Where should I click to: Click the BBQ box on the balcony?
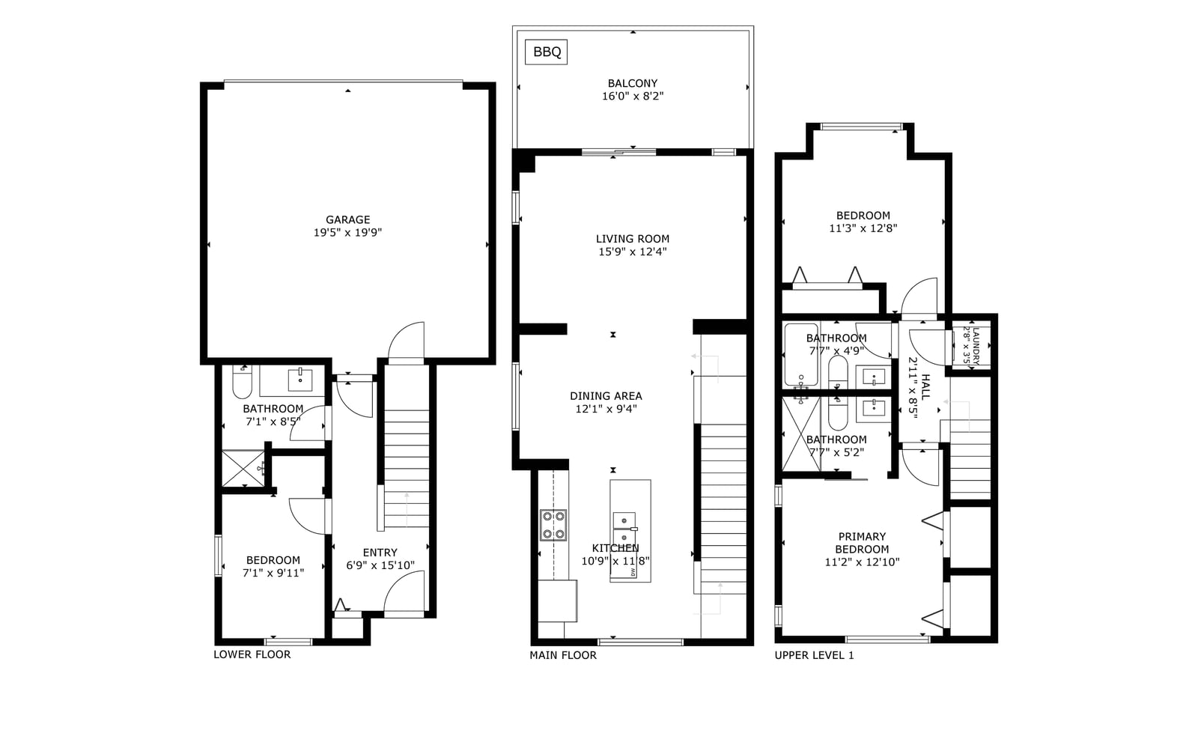546,52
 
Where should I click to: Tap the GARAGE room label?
347,219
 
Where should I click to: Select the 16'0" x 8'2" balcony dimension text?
633,97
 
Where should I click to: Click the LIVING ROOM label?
633,239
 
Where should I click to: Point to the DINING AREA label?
606,396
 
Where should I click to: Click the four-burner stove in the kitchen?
553,525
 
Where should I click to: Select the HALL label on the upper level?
925,387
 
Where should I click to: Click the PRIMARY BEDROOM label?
862,543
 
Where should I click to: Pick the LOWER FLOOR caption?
252,654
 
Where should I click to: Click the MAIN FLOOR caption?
562,655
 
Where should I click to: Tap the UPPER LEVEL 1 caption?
814,655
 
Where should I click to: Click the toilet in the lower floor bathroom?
243,382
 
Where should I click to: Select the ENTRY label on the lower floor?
380,553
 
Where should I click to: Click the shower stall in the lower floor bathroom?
243,469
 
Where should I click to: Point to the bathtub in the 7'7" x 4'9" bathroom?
801,354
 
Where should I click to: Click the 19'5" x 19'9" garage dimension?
347,233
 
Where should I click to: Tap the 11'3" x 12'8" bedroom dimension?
863,228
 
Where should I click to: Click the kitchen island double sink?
624,529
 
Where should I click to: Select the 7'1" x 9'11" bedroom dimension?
273,573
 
